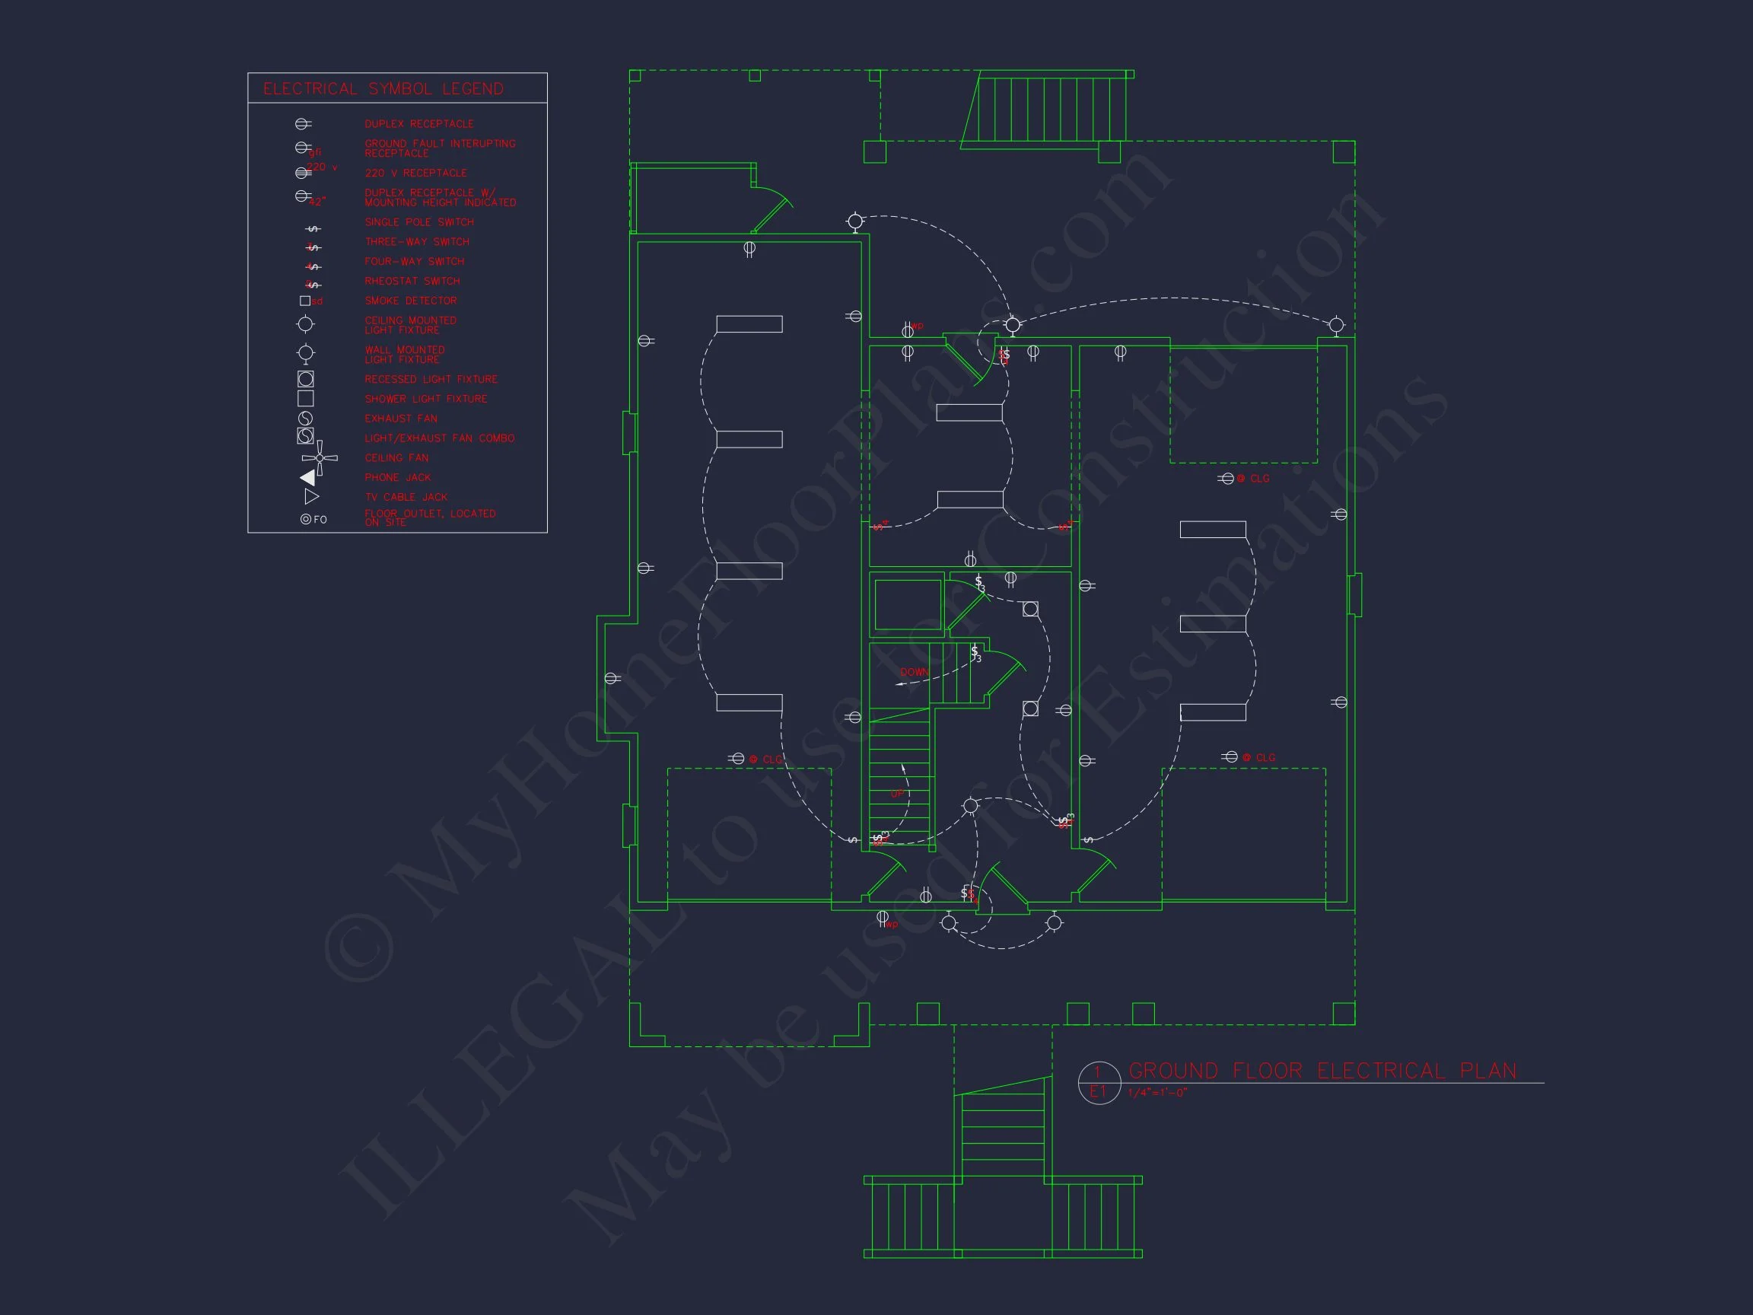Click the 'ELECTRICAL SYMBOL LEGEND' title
click(383, 89)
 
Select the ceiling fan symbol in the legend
click(320, 458)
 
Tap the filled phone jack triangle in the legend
click(308, 477)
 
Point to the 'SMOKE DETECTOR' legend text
click(411, 301)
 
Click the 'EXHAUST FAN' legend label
click(401, 419)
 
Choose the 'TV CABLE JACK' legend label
click(406, 497)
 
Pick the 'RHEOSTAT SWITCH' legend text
click(412, 282)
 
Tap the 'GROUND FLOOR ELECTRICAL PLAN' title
click(1322, 1071)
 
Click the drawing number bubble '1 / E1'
click(1099, 1082)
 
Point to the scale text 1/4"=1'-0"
click(1158, 1093)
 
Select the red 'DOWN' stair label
click(914, 672)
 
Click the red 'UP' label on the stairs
click(898, 794)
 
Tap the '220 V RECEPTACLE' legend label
click(415, 173)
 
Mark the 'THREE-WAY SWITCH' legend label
click(417, 242)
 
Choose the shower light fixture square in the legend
click(305, 399)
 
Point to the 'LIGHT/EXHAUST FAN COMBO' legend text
click(439, 438)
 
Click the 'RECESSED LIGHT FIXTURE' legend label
click(431, 380)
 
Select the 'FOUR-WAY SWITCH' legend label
click(415, 262)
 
